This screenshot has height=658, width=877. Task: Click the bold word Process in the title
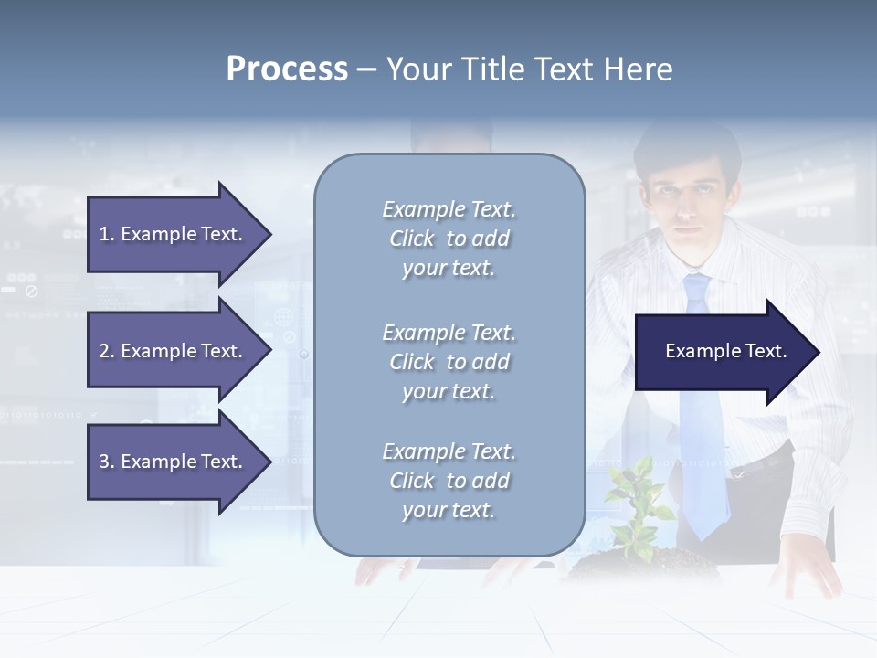pos(287,69)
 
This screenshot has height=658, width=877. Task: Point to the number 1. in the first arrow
pos(107,234)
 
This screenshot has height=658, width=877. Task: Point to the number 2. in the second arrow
pos(107,351)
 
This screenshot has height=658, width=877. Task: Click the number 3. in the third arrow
pos(107,462)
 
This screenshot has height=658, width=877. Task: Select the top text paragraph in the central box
pos(449,239)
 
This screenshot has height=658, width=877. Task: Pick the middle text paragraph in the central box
pos(449,362)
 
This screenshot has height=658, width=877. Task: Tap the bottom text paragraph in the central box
pos(449,481)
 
